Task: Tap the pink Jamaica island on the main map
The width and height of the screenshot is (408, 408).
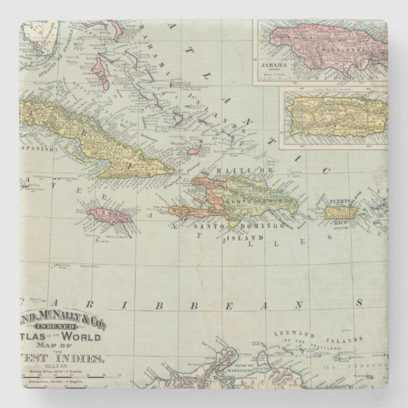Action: [108, 219]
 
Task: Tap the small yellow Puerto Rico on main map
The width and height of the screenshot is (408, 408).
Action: [341, 212]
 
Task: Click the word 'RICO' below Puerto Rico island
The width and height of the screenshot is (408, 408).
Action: [336, 224]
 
